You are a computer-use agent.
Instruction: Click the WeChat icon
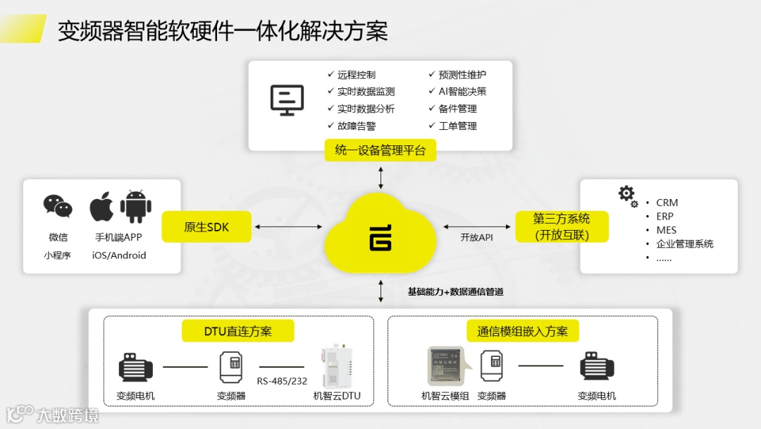[x=58, y=206]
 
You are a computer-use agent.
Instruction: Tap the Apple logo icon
[x=102, y=206]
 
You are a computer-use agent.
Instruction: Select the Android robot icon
[x=135, y=206]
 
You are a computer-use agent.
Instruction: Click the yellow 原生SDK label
[x=206, y=227]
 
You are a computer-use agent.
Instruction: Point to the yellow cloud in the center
[x=380, y=236]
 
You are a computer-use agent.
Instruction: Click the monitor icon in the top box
[x=287, y=100]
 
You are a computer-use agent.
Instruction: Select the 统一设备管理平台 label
[x=380, y=150]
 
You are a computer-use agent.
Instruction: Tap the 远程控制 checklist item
[x=356, y=75]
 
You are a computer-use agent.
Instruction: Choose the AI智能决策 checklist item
[x=462, y=92]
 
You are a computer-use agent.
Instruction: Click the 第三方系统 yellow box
[x=562, y=226]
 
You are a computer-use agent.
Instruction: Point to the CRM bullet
[x=667, y=203]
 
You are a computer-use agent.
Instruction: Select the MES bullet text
[x=666, y=230]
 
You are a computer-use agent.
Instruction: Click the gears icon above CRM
[x=627, y=195]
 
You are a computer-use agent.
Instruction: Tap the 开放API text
[x=477, y=238]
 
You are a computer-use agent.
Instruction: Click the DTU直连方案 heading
[x=237, y=331]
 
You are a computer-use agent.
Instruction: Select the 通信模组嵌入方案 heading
[x=522, y=331]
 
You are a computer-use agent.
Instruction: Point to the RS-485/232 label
[x=282, y=382]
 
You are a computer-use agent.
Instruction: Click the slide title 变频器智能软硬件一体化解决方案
[x=223, y=31]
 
